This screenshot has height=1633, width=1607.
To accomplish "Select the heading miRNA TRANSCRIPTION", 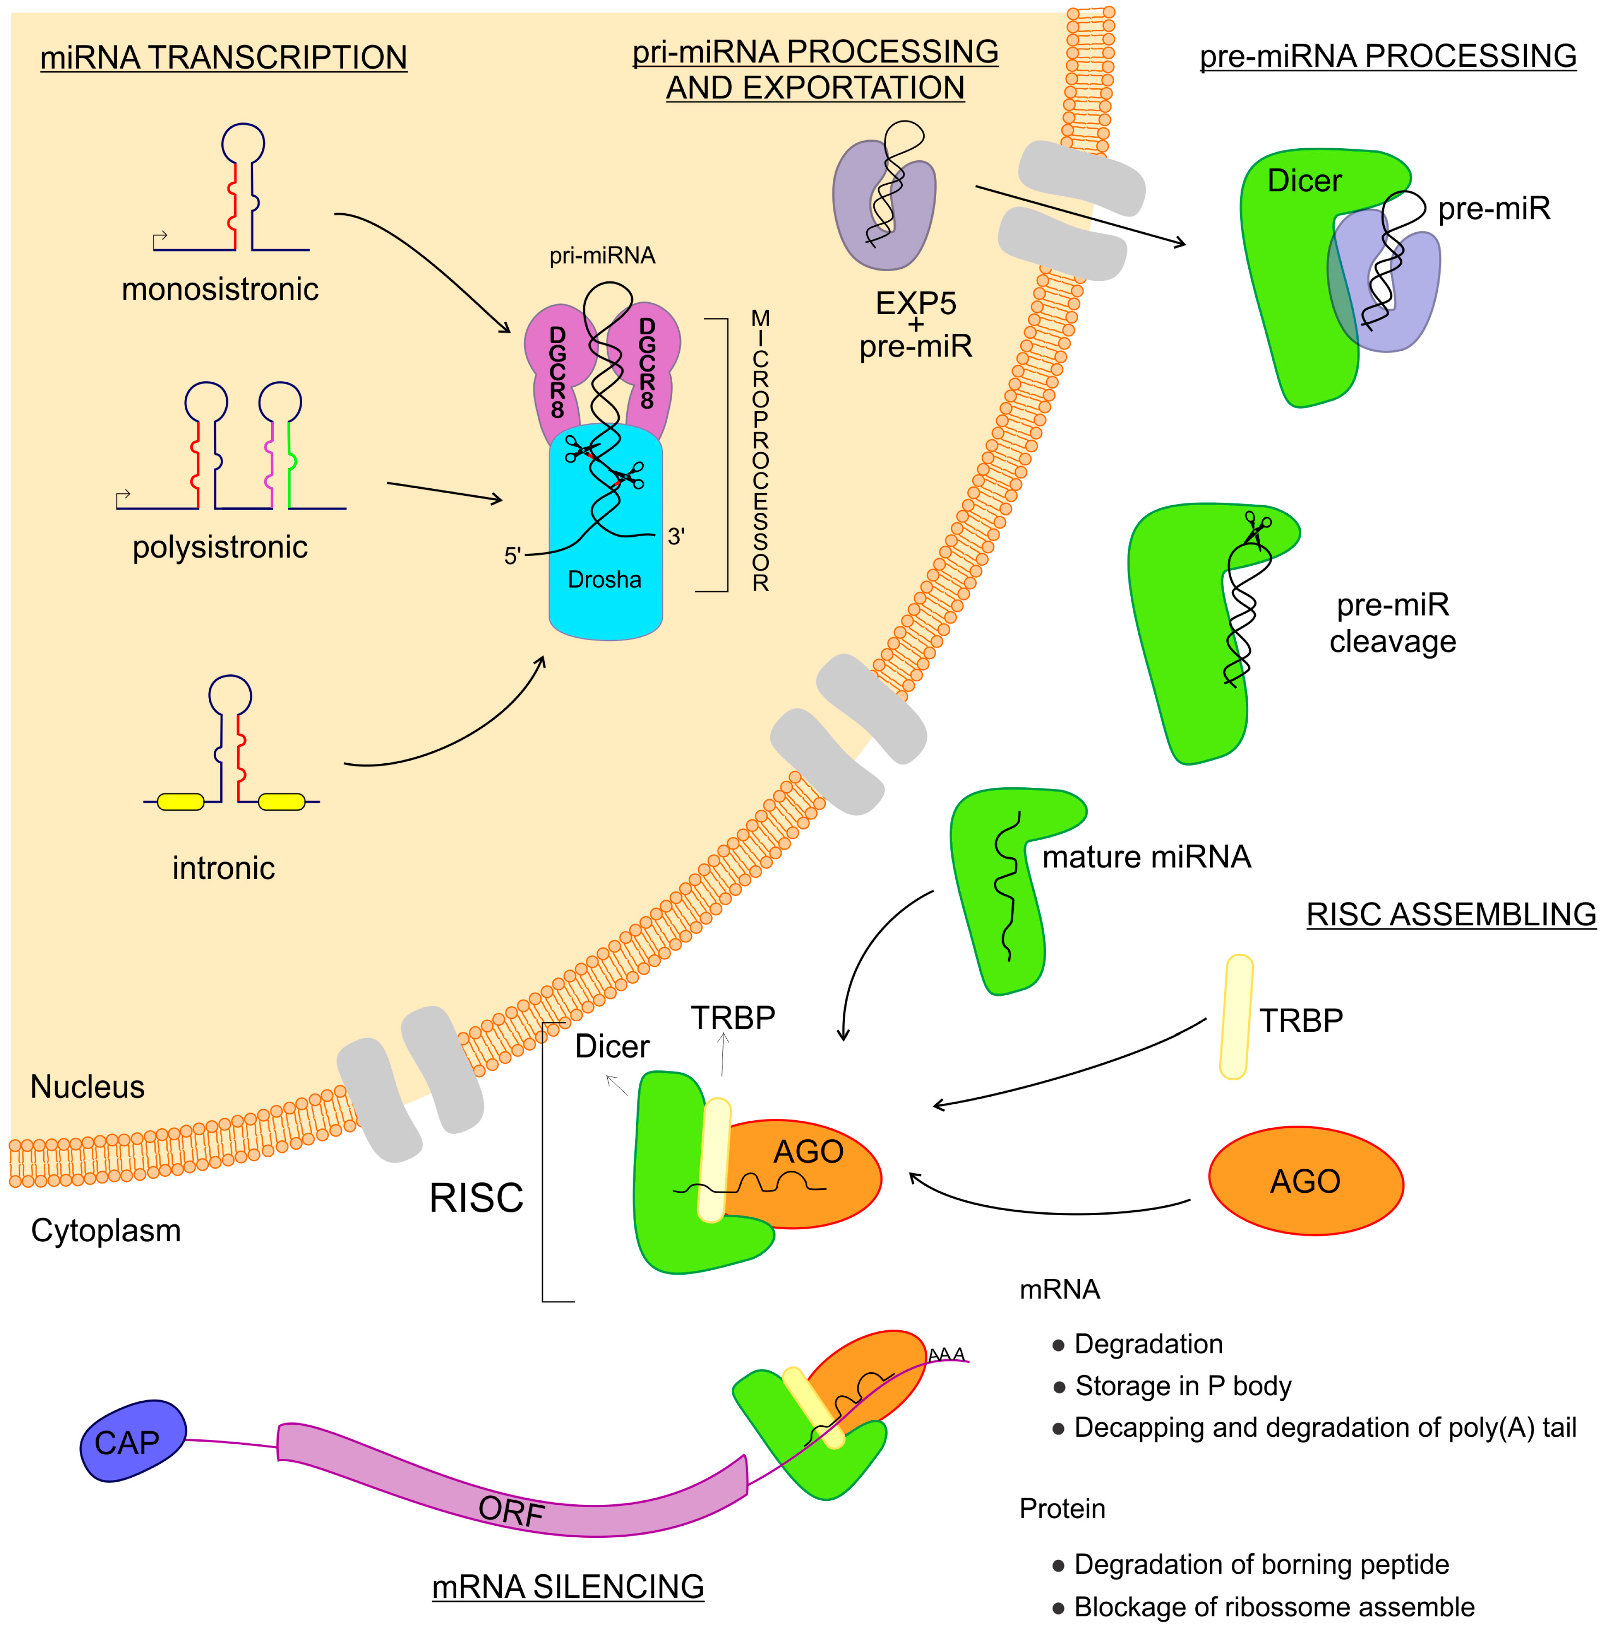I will (223, 57).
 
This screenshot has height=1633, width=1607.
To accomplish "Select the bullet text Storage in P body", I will (1181, 1385).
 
